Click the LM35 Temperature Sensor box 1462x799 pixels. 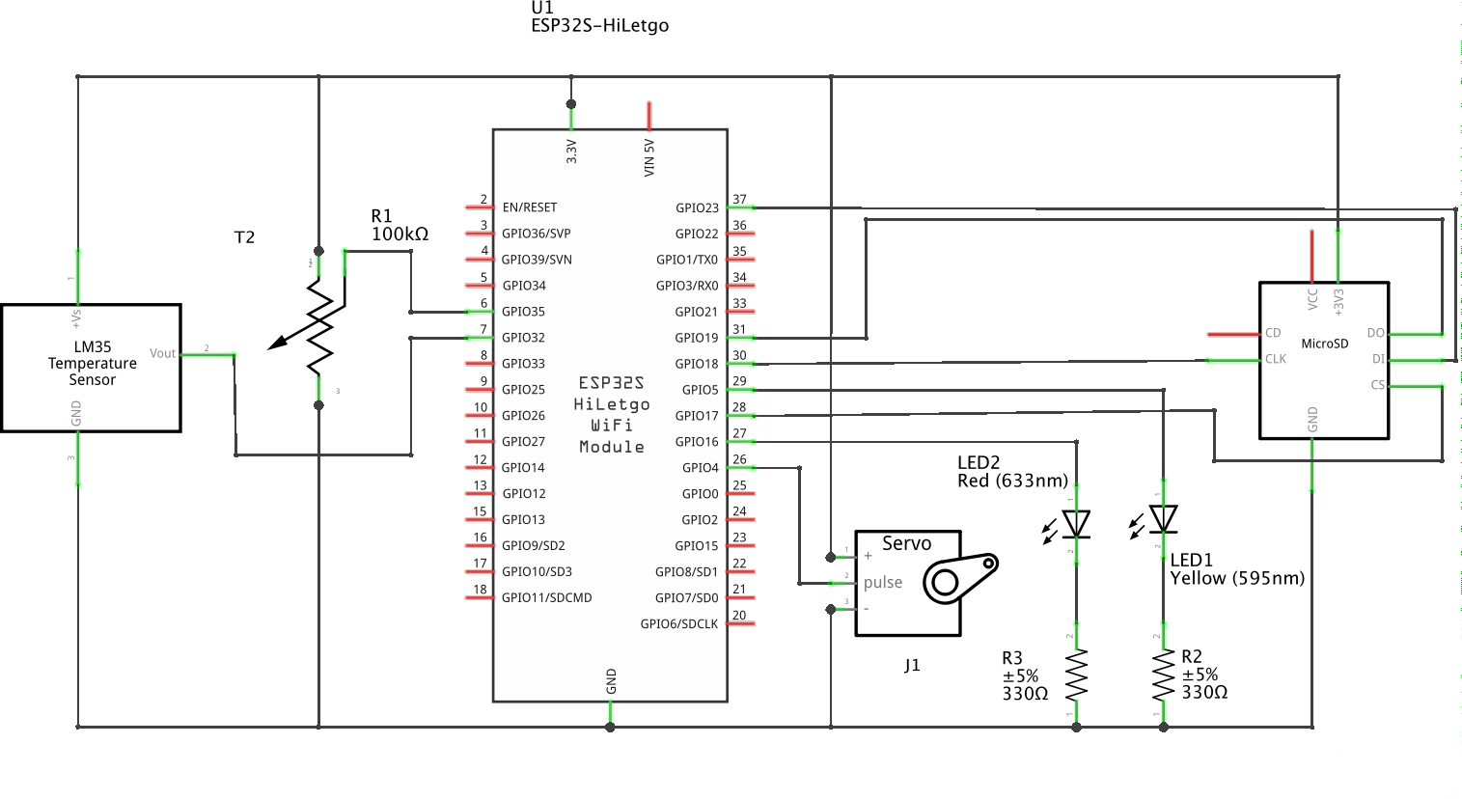coord(92,368)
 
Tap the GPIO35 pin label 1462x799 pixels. coord(523,312)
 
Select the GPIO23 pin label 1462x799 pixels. coord(697,207)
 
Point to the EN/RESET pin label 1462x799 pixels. coord(529,207)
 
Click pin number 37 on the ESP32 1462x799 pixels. coord(739,200)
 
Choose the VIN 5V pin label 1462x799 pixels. coord(649,157)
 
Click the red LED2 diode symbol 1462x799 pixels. coord(1076,524)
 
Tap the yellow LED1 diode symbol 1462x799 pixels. coord(1164,519)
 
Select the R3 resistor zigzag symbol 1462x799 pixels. coord(1076,675)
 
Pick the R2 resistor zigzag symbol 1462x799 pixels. coord(1163,675)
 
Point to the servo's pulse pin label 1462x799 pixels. coord(883,583)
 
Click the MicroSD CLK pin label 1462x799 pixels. coord(1275,359)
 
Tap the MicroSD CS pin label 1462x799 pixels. coord(1377,385)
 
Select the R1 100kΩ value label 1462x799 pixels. coord(400,234)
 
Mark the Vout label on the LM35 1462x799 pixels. coord(162,354)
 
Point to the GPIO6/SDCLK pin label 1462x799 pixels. coord(679,624)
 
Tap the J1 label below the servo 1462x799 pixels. coord(912,666)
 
